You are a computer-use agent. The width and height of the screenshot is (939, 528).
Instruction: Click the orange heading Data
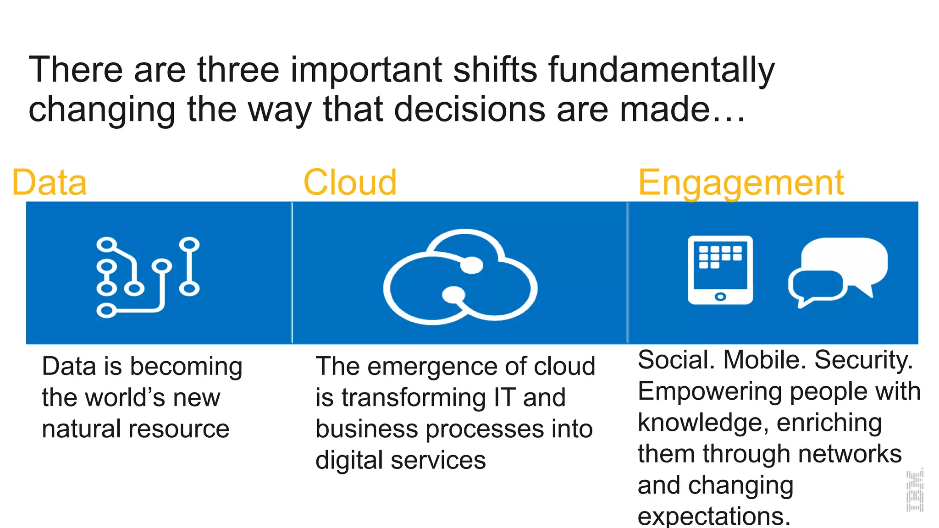point(49,183)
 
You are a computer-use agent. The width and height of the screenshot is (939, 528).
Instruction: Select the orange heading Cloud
point(350,183)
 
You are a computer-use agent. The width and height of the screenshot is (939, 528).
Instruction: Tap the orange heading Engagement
point(740,183)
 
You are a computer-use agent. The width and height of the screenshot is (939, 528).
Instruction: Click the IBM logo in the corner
point(914,491)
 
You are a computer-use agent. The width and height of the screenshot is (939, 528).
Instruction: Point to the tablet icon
point(720,269)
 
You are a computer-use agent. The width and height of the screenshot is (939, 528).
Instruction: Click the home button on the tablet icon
point(720,297)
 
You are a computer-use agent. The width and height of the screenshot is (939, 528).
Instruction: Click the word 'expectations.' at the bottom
point(713,517)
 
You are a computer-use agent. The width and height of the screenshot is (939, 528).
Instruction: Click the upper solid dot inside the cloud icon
point(471,265)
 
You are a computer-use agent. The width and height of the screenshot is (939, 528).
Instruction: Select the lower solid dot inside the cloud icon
point(453,294)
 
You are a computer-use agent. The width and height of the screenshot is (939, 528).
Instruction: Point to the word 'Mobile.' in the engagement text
point(764,360)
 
